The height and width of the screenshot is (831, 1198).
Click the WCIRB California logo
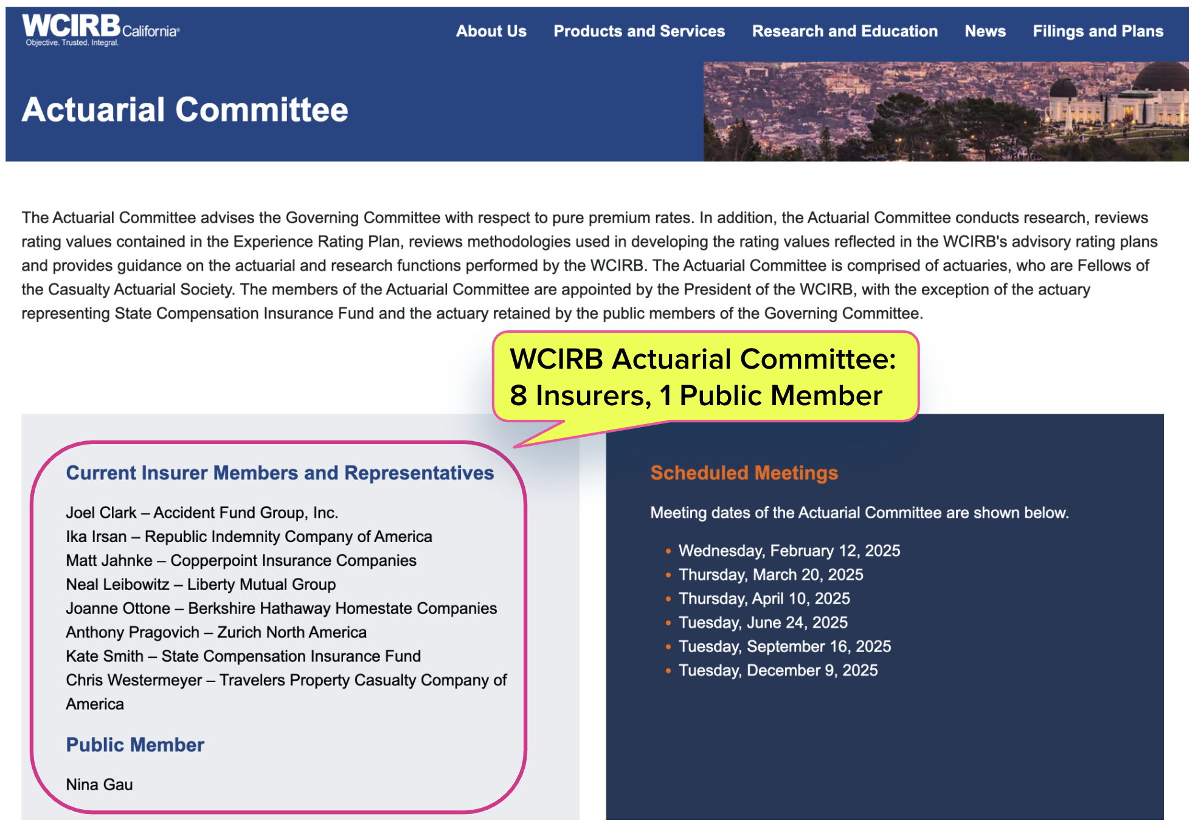click(x=100, y=29)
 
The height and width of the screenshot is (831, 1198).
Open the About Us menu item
click(x=491, y=31)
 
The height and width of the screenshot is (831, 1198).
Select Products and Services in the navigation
click(x=639, y=31)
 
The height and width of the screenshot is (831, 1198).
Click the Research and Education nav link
click(x=844, y=31)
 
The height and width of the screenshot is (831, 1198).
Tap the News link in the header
click(x=985, y=31)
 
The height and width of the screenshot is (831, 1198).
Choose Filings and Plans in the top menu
click(x=1098, y=31)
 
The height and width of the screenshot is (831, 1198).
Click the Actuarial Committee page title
click(x=185, y=110)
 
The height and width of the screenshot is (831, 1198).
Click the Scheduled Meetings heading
click(x=744, y=473)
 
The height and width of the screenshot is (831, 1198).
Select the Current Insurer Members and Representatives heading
click(x=280, y=473)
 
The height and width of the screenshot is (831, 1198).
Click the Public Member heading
click(x=135, y=745)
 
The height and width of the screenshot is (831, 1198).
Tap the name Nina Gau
click(x=99, y=784)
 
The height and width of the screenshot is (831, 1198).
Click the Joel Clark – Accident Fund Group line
click(x=202, y=513)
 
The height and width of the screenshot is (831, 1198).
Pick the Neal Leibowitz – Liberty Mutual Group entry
click(x=201, y=585)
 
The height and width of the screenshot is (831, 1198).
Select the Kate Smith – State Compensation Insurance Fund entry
click(x=243, y=656)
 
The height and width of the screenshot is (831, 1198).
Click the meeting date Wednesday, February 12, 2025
click(x=789, y=551)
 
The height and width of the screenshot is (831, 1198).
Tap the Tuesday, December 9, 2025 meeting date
click(x=778, y=670)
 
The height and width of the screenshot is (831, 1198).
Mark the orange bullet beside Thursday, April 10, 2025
click(x=668, y=599)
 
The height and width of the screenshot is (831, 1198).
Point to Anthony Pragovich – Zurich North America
click(x=216, y=633)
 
